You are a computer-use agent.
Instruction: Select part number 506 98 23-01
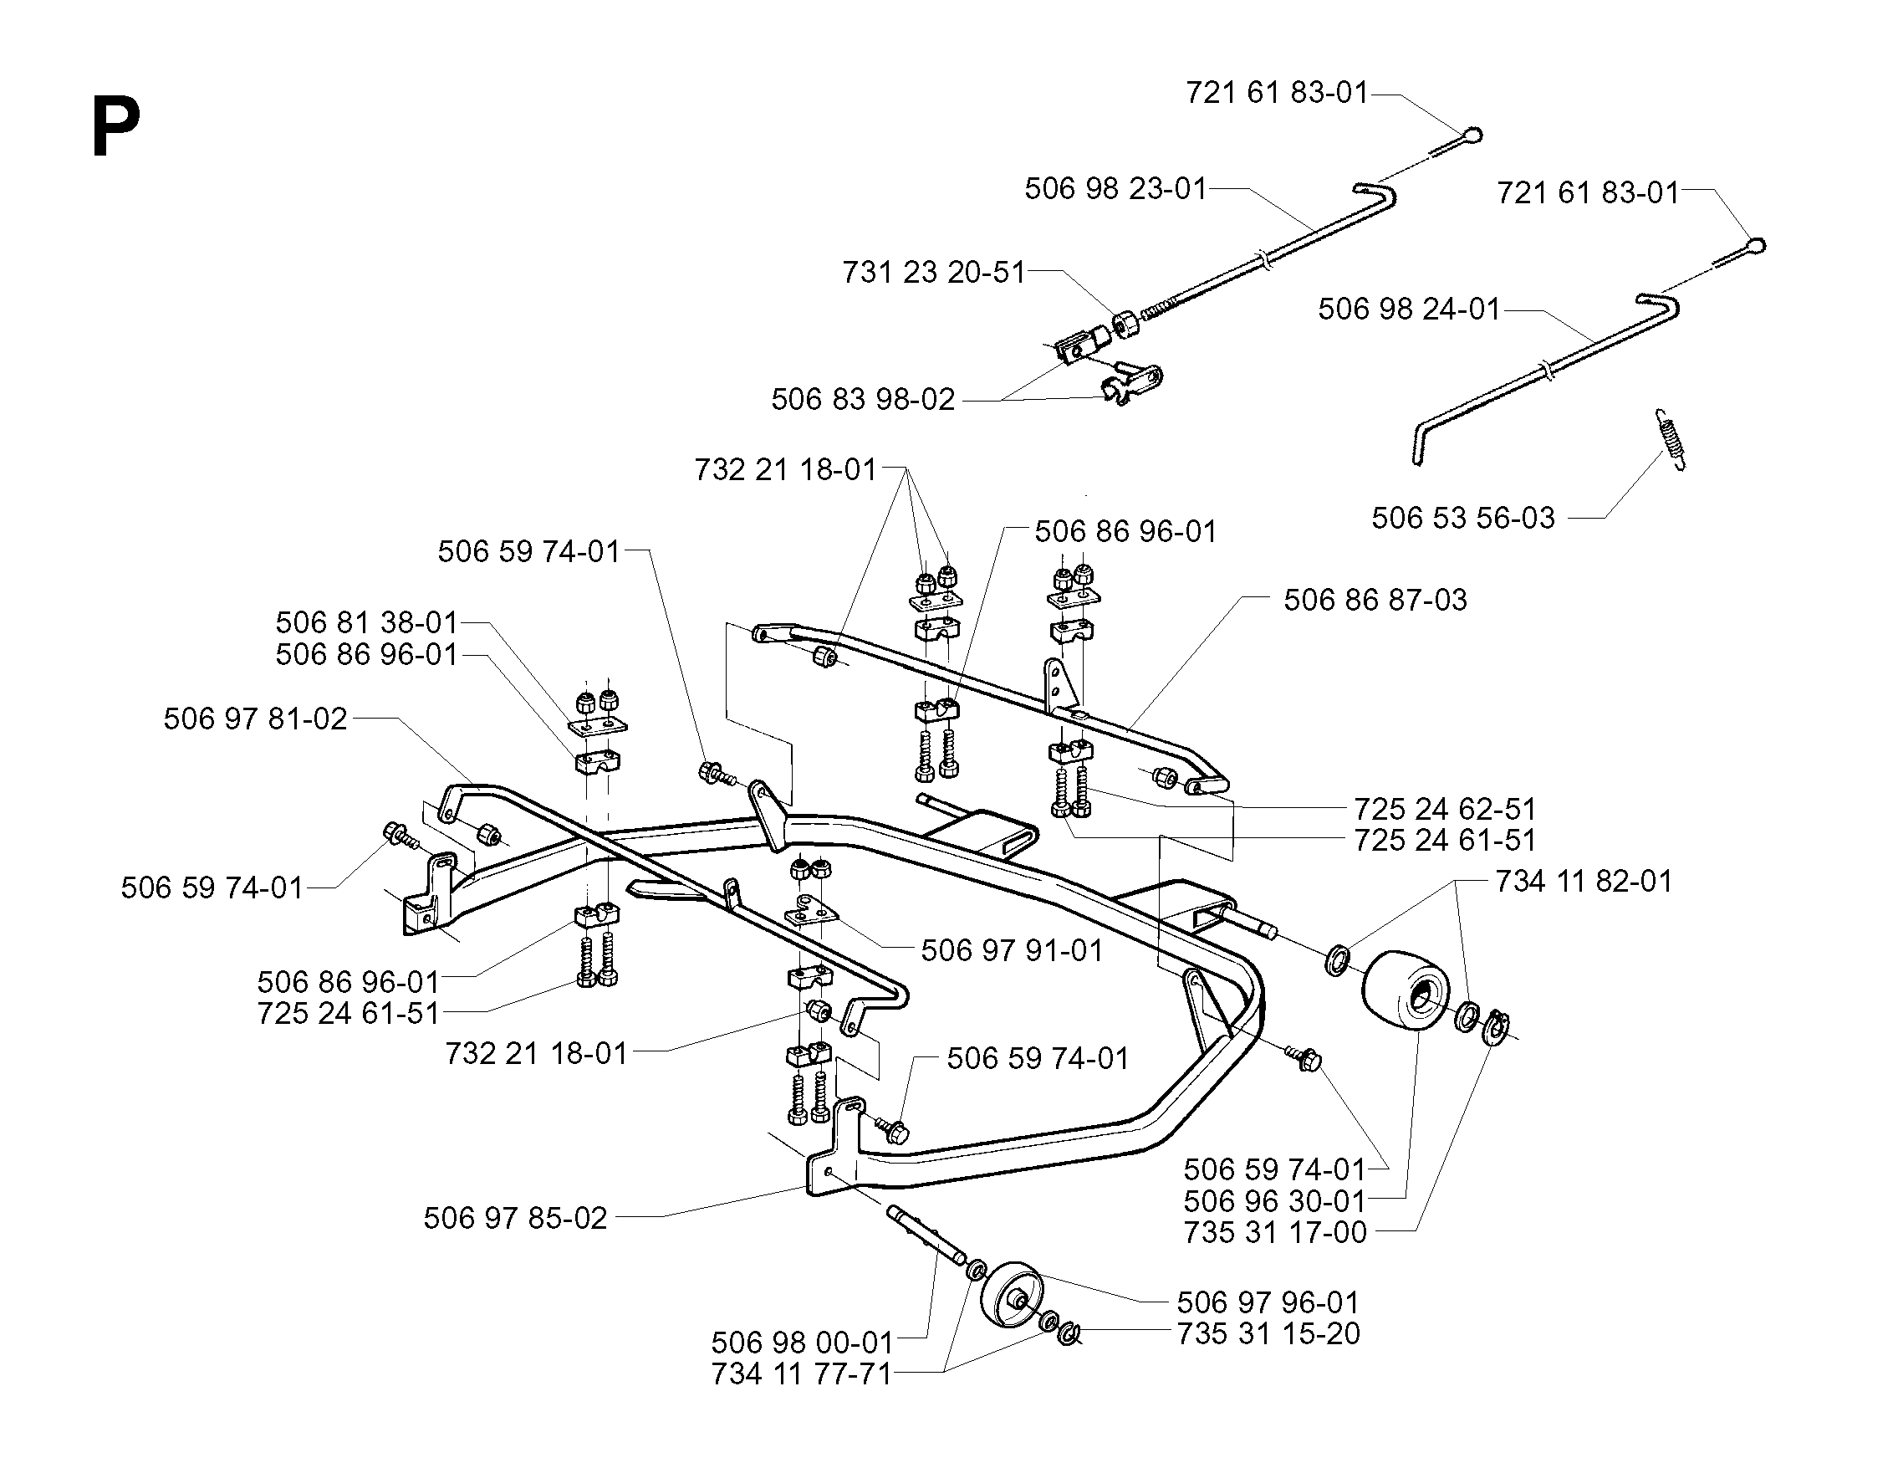point(1116,189)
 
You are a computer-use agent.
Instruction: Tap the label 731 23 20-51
point(934,272)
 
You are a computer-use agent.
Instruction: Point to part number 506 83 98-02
point(863,399)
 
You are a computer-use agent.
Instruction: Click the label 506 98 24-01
point(1409,309)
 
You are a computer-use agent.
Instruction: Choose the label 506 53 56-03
point(1462,518)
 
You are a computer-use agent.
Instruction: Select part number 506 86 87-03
point(1375,600)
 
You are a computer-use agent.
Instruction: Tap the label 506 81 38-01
point(367,622)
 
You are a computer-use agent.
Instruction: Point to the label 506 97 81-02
point(256,719)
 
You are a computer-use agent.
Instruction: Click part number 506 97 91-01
point(1012,950)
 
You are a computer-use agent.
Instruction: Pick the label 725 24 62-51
point(1445,810)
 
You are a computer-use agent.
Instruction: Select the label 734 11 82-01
point(1584,882)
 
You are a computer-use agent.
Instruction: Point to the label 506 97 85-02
point(515,1218)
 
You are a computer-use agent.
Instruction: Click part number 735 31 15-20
point(1268,1333)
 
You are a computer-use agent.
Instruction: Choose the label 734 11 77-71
point(801,1373)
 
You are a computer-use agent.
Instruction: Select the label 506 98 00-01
point(802,1343)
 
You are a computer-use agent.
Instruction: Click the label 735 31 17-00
point(1275,1233)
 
